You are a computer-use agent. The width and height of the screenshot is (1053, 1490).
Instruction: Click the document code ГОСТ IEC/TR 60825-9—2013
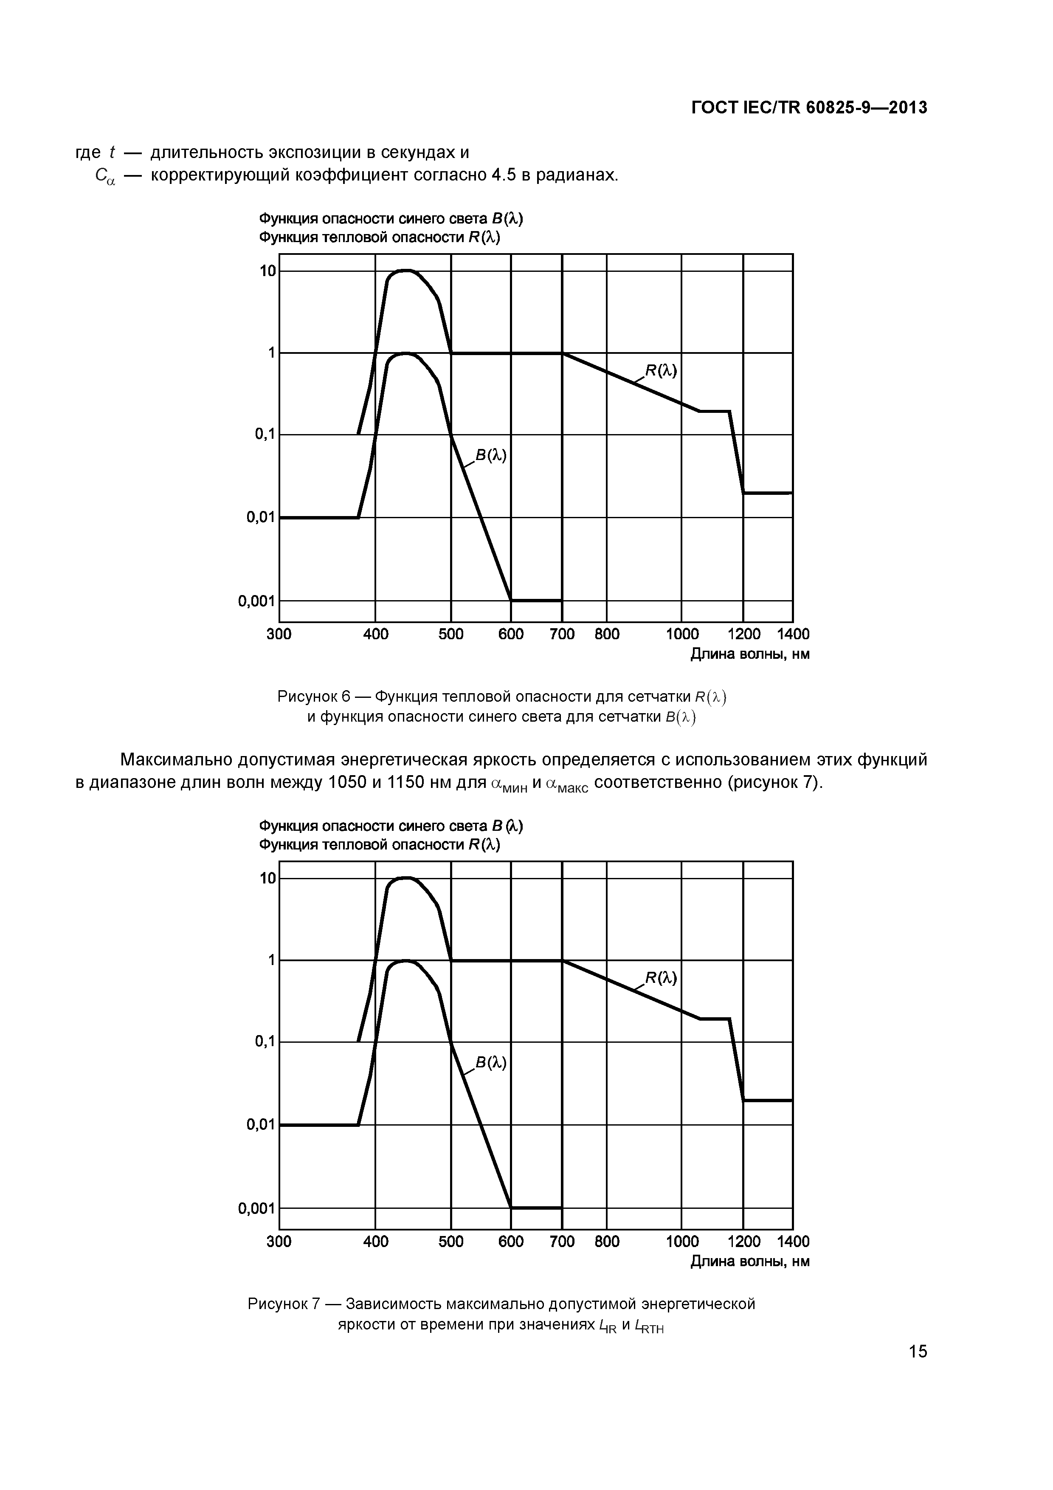pyautogui.click(x=809, y=108)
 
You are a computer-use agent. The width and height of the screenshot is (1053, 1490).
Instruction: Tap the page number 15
pyautogui.click(x=918, y=1352)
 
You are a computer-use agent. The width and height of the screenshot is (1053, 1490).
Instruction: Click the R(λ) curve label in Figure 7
pyautogui.click(x=661, y=978)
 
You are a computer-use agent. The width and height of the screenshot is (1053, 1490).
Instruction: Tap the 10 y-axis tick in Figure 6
pyautogui.click(x=268, y=271)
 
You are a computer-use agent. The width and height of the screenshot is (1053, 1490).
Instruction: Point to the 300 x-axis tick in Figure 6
pyautogui.click(x=279, y=634)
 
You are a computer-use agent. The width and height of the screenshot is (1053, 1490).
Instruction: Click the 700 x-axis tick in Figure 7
pyautogui.click(x=562, y=1242)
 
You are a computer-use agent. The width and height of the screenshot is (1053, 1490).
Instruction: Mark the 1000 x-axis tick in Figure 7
pyautogui.click(x=682, y=1242)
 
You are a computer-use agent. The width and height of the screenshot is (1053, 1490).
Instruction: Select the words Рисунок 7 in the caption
pyautogui.click(x=284, y=1304)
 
